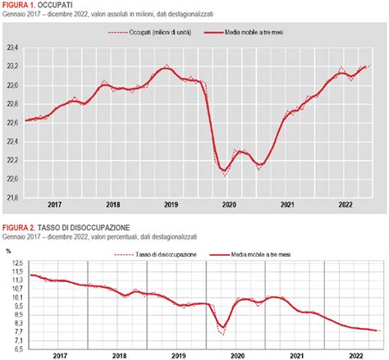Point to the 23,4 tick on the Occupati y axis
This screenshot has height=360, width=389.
pyautogui.click(x=12, y=48)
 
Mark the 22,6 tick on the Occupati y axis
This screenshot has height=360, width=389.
pyautogui.click(x=12, y=123)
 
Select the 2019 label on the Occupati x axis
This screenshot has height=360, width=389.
pyautogui.click(x=171, y=205)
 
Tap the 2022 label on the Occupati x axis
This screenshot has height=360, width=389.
pyautogui.click(x=345, y=205)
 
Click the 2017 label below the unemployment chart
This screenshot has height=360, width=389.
pyautogui.click(x=58, y=356)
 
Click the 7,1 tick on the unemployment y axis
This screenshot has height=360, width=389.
pyautogui.click(x=16, y=340)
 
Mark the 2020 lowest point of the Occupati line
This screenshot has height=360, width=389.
pyautogui.click(x=224, y=174)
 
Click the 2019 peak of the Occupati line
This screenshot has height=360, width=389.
pyautogui.click(x=166, y=66)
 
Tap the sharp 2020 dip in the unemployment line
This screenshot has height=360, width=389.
pyautogui.click(x=222, y=330)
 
